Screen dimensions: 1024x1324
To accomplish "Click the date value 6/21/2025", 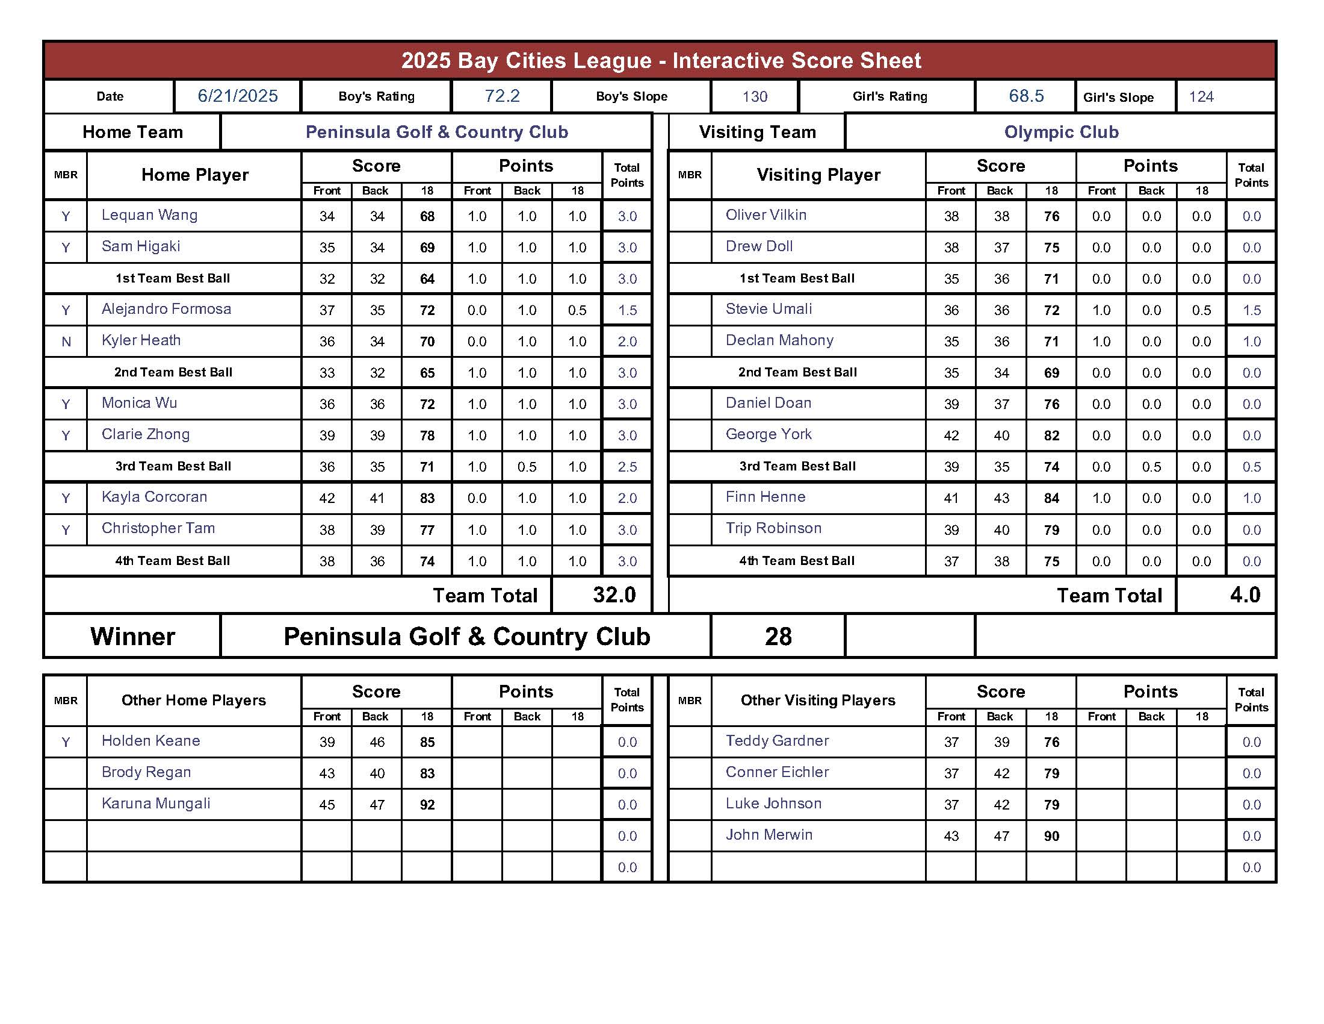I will (x=238, y=96).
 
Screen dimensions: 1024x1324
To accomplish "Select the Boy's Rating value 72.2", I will (x=502, y=96).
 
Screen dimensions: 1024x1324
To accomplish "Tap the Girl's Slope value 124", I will (x=1201, y=96).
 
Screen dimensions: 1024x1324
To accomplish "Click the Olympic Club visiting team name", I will (x=1061, y=132).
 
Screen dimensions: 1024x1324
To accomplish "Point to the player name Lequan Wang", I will (x=150, y=215).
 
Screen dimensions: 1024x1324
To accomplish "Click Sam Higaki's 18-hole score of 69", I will (x=427, y=248).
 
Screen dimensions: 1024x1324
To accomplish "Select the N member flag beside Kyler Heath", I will (x=66, y=342).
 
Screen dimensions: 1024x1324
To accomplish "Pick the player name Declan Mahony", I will (x=779, y=340).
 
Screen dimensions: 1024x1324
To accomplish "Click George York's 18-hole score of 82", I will (x=1052, y=436).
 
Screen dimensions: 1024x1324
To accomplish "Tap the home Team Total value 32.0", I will (x=614, y=595).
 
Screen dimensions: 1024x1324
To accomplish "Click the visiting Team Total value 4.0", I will (x=1245, y=595).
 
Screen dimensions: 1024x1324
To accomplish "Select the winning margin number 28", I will (x=778, y=636).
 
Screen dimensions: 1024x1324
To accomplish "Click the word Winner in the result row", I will (x=133, y=636).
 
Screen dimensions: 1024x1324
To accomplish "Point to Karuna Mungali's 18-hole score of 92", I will (x=427, y=805).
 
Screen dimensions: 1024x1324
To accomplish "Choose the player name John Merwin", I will (x=769, y=835).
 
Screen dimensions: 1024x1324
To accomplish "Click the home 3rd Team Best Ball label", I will (x=173, y=466).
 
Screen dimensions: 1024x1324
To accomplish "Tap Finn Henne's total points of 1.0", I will (x=1251, y=498).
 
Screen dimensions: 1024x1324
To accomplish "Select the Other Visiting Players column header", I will (x=818, y=700).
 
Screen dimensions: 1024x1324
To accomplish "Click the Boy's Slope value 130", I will (x=755, y=96).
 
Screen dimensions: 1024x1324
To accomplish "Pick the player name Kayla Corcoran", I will (x=155, y=497).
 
